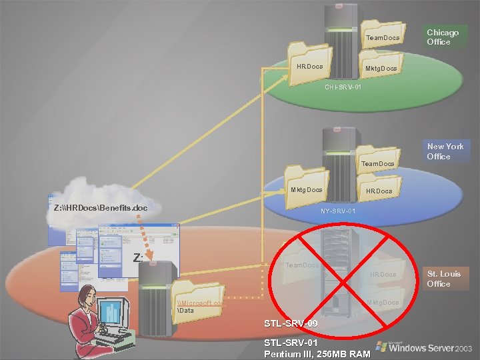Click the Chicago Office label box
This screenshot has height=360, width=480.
[443, 37]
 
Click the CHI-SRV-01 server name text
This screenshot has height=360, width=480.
[343, 87]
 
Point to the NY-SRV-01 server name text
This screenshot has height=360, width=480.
[342, 211]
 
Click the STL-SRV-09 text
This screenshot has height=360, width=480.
[291, 324]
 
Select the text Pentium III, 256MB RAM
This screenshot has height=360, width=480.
[317, 353]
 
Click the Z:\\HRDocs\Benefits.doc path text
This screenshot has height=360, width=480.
[100, 207]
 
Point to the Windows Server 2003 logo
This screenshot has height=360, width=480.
[425, 347]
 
